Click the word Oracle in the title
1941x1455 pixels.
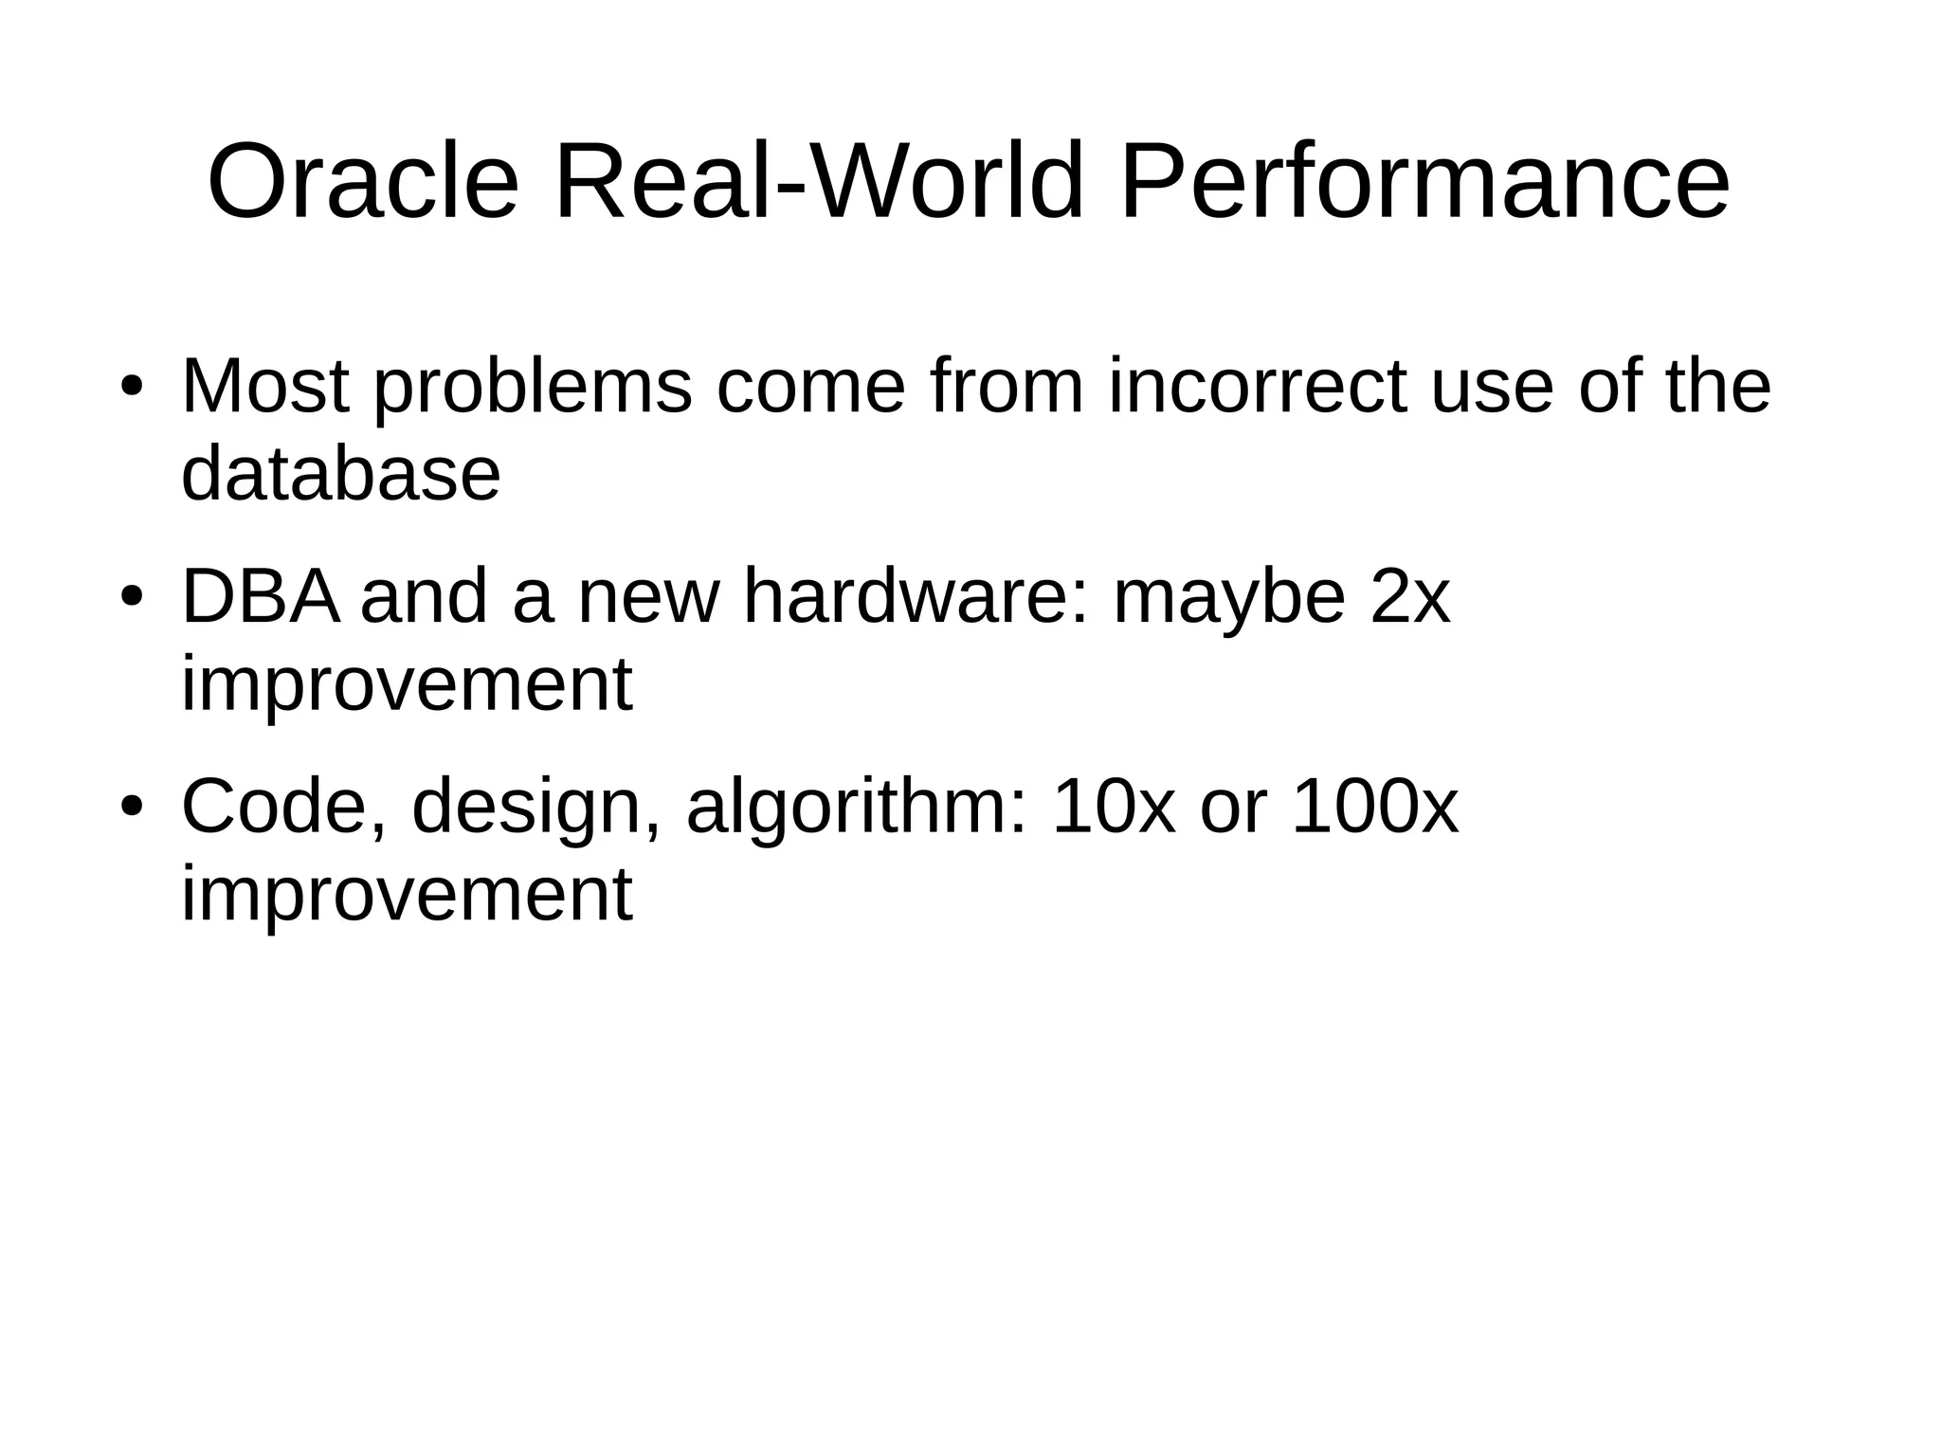tap(363, 181)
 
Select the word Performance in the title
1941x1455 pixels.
tap(1424, 181)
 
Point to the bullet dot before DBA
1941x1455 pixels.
tap(132, 598)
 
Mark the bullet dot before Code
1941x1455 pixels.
tap(132, 809)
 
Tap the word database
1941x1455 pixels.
tap(340, 473)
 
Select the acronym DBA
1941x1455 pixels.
tap(261, 597)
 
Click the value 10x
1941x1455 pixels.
tap(1114, 807)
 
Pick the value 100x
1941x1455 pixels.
tap(1375, 807)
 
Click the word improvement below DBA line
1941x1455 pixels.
tap(406, 685)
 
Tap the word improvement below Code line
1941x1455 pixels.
tap(406, 895)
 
